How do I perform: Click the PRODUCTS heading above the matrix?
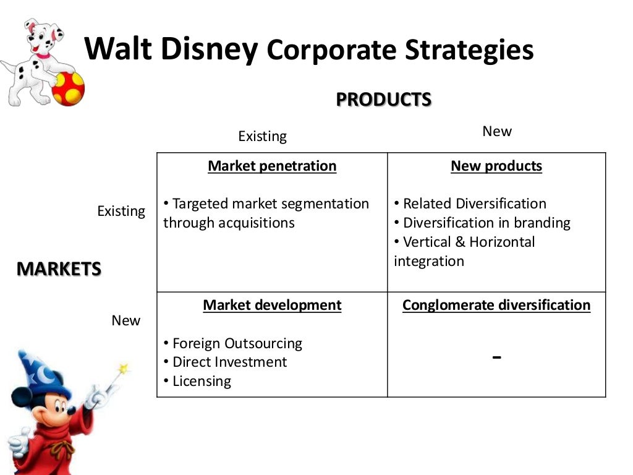383,100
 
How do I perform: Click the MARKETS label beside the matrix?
59,269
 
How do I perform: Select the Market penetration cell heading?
272,166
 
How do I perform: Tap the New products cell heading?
496,166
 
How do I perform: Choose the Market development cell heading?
272,305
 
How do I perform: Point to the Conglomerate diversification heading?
496,305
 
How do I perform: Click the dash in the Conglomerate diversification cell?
496,357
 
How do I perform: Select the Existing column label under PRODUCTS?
262,136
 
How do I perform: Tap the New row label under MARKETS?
125,320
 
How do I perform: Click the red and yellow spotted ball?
68,88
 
